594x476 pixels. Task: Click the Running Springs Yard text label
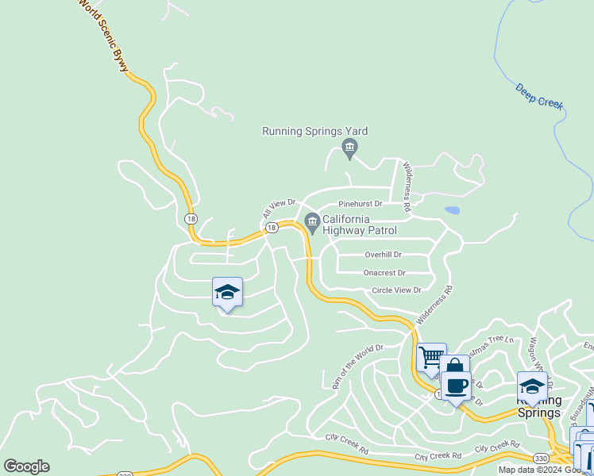coord(315,132)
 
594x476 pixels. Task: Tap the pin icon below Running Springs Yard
coord(349,147)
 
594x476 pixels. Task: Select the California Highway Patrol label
coord(345,225)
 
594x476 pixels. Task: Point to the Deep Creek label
coord(539,95)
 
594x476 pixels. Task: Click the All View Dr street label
coord(279,209)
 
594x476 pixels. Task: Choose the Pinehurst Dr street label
coord(361,204)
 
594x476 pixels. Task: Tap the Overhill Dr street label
coord(384,255)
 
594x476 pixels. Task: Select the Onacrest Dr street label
coord(384,273)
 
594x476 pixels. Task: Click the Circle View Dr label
coord(396,291)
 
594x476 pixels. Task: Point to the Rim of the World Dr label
coord(357,366)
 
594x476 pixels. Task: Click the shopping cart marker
coord(430,357)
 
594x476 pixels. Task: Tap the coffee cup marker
coord(456,386)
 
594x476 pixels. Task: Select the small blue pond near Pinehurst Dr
coord(452,210)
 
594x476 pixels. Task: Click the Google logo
coord(26,466)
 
